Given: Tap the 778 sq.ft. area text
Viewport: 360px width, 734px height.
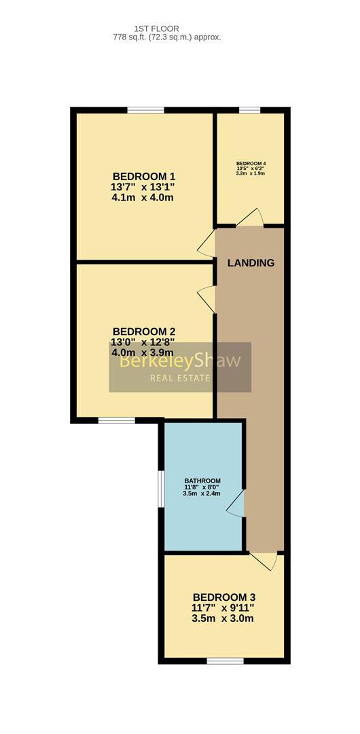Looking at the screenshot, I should pos(166,37).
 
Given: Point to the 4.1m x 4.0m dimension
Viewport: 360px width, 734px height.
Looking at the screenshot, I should pos(143,198).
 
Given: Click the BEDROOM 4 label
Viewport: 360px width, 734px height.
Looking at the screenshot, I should pos(251,164).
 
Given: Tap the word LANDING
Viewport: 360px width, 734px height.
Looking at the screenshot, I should pos(251,263).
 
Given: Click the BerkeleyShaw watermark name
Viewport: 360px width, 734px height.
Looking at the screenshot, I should pos(180,360).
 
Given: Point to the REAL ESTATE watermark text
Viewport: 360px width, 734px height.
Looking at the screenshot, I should pos(180,379).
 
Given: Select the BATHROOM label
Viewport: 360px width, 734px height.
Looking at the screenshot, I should pos(202,480).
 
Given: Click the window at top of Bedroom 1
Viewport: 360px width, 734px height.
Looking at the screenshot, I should pos(145,111).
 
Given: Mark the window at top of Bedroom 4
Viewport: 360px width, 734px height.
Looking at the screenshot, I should pos(249,111).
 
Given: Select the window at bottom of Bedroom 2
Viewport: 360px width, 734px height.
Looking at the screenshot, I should pos(117,421).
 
